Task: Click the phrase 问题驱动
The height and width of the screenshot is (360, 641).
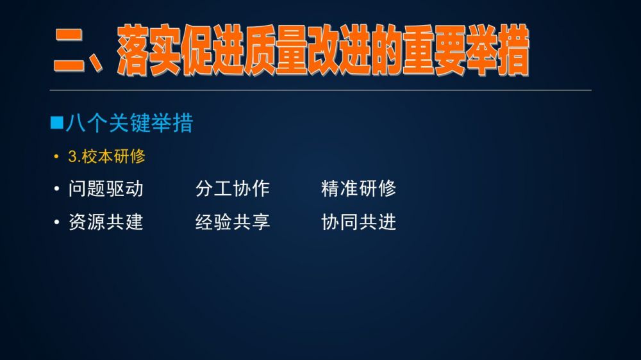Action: (x=106, y=189)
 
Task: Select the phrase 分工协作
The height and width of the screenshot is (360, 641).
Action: (x=232, y=189)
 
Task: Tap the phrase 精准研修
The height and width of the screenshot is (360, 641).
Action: (x=358, y=189)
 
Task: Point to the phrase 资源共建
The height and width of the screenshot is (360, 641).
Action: (x=106, y=222)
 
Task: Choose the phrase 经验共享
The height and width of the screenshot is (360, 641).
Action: (x=232, y=222)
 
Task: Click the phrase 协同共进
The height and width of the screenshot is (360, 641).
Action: (x=358, y=222)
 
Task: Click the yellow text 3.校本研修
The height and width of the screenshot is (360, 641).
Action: (x=106, y=156)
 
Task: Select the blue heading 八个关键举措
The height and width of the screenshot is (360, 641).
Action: (x=129, y=123)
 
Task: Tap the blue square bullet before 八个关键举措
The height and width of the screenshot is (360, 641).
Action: (x=57, y=122)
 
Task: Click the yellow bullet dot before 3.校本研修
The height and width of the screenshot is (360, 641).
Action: (x=56, y=157)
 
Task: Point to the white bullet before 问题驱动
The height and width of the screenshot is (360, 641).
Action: (x=57, y=189)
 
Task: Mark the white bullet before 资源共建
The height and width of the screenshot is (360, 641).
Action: (x=57, y=223)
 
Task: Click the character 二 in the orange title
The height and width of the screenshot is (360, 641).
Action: (x=69, y=51)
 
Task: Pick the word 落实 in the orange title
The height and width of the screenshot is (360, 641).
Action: (x=149, y=50)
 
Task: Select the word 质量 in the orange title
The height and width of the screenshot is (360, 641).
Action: (x=276, y=50)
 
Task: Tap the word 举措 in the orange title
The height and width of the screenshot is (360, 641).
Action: (x=498, y=50)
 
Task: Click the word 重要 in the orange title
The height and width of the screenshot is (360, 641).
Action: (x=434, y=50)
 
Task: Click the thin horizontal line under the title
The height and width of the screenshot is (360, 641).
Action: (x=320, y=90)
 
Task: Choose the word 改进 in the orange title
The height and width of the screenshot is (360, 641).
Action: (x=340, y=50)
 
